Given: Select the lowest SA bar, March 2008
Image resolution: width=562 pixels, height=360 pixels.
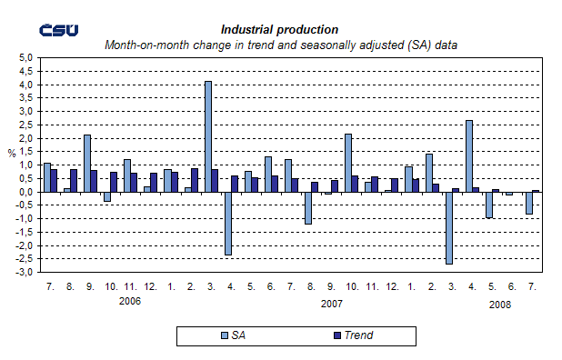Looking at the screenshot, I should pyautogui.click(x=448, y=227).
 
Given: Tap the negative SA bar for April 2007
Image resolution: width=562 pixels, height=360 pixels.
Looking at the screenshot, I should pyautogui.click(x=227, y=223).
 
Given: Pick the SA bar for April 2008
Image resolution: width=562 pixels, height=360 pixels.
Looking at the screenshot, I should pyautogui.click(x=468, y=155).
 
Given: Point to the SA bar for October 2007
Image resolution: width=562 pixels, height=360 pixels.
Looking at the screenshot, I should pyautogui.click(x=347, y=163).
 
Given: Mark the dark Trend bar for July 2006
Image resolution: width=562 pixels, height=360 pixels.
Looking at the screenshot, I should pyautogui.click(x=54, y=180).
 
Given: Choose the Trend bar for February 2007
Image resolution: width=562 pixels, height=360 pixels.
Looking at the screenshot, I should pyautogui.click(x=194, y=180).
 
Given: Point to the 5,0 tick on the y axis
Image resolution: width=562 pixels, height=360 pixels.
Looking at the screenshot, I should pyautogui.click(x=26, y=58).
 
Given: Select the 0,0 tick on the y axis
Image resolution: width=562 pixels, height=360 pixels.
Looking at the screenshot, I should pyautogui.click(x=26, y=192).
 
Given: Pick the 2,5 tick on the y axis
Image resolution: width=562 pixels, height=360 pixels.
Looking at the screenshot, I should pyautogui.click(x=26, y=125).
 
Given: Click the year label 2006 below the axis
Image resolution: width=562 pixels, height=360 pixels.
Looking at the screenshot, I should pyautogui.click(x=131, y=301).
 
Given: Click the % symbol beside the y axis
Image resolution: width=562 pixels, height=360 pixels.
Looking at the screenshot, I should pyautogui.click(x=11, y=154).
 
